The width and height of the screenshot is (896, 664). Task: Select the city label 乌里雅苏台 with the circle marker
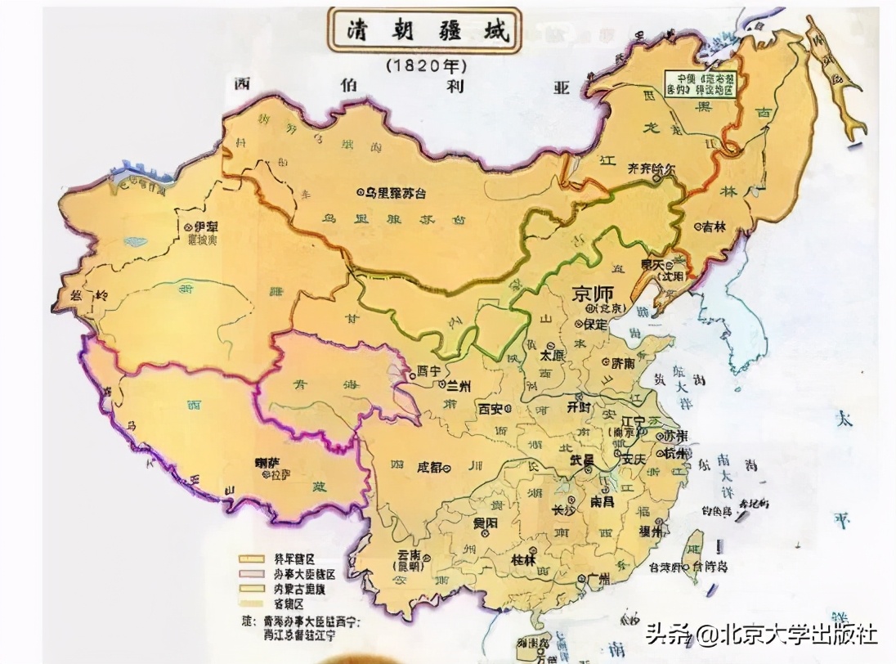click(x=401, y=192)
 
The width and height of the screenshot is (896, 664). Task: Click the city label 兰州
click(x=455, y=385)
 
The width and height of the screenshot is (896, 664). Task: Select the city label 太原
click(x=555, y=357)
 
